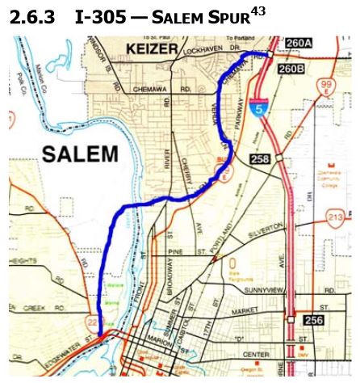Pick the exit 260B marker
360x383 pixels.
click(292, 69)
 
